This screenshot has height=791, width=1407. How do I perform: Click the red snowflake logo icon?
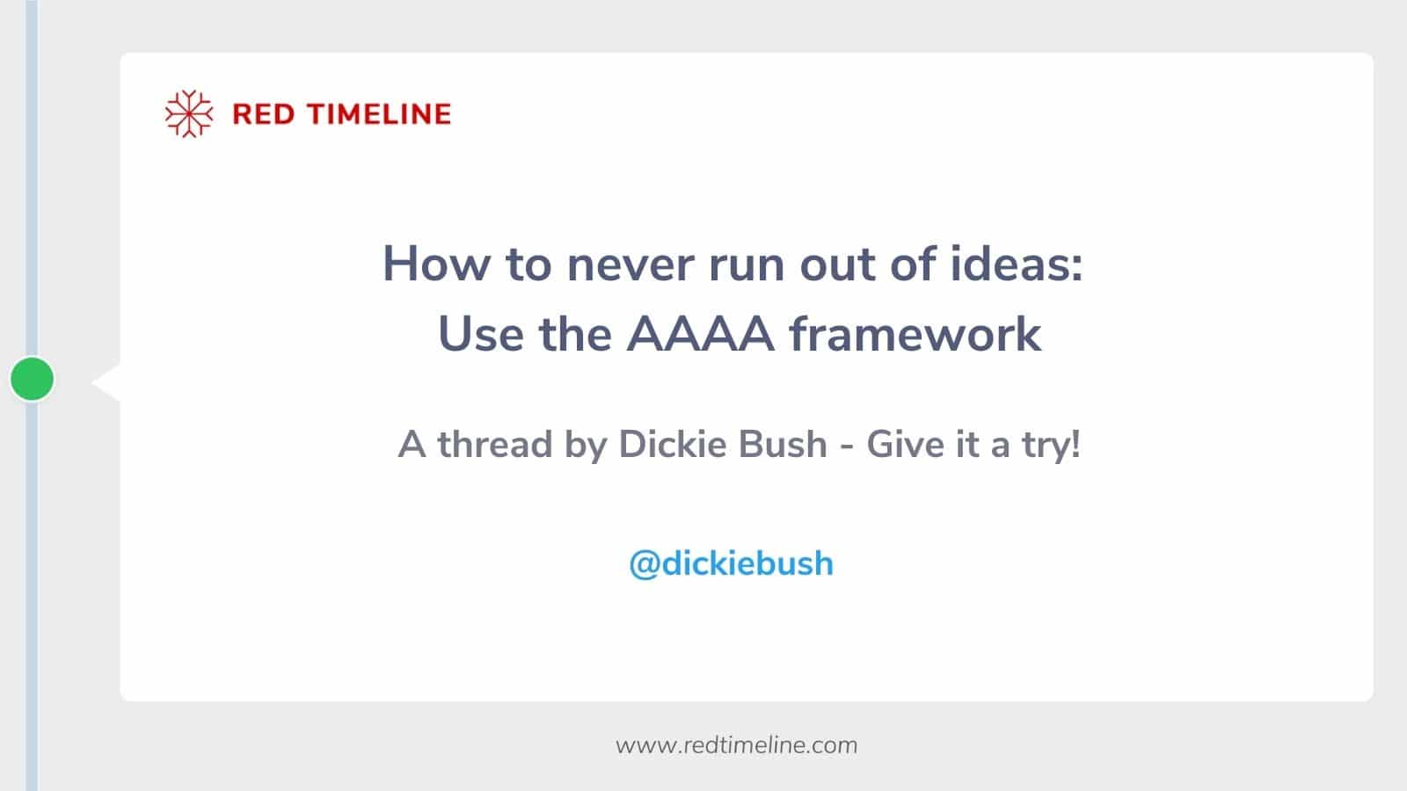[x=189, y=114]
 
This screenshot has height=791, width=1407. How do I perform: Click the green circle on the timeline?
[x=33, y=379]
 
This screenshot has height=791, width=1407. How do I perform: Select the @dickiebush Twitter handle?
[x=731, y=563]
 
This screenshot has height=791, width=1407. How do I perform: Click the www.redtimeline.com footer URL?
[x=736, y=745]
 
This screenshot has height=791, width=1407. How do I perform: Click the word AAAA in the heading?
[x=700, y=335]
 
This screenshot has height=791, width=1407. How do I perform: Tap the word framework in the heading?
[x=915, y=335]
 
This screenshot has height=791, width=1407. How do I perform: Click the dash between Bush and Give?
[x=848, y=446]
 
